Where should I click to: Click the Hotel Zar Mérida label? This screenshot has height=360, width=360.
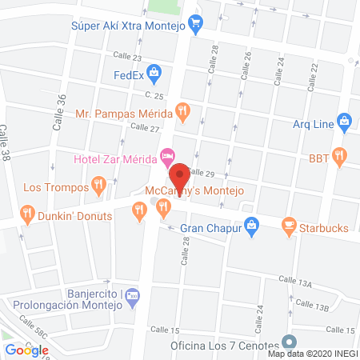coord(114,156)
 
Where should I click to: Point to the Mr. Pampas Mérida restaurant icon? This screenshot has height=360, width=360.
coord(182,111)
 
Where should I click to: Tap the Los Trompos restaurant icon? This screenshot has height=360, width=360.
coord(98,186)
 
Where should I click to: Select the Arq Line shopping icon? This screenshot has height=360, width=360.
coord(345,123)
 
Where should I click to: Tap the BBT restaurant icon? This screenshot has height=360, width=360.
coord(339,156)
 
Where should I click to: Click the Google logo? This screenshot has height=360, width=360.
coord(26,350)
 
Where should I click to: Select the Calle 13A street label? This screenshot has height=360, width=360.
coord(294,279)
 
